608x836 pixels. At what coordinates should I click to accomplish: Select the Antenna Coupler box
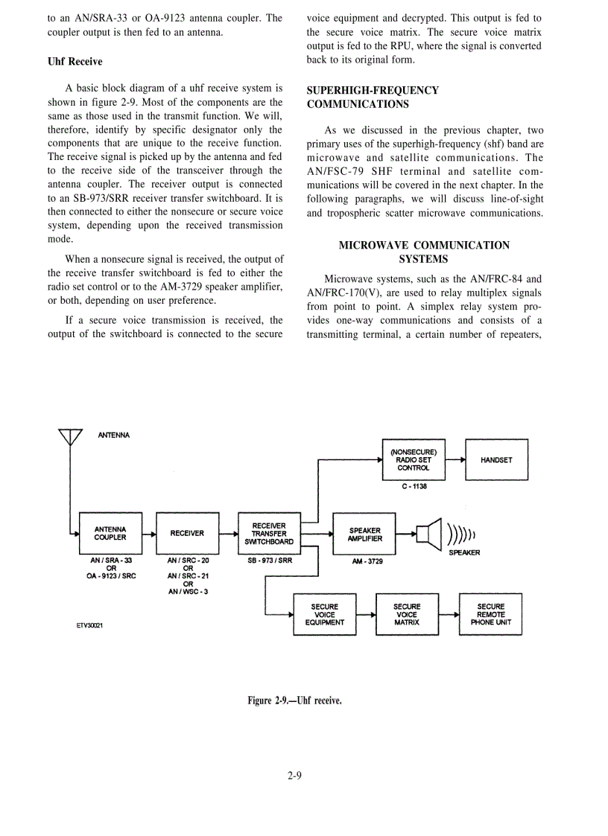point(110,533)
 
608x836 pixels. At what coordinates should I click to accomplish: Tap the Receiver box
point(186,533)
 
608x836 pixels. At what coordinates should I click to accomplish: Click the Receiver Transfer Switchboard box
point(268,533)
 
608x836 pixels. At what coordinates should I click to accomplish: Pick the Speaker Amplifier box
point(364,535)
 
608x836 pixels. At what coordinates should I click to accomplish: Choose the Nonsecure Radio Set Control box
point(413,460)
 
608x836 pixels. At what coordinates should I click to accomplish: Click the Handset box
point(496,460)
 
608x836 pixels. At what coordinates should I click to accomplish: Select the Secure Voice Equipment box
point(325,614)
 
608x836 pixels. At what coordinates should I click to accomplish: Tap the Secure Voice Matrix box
point(407,614)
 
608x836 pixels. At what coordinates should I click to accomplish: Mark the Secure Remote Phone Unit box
point(490,614)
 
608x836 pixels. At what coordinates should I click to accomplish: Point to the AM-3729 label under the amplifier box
point(367,561)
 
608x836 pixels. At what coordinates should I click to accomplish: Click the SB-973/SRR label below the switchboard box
point(269,560)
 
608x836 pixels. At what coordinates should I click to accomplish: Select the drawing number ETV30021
point(89,625)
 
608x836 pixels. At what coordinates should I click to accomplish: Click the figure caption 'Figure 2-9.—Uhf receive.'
point(294,701)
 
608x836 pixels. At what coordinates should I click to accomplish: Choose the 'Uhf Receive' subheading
point(75,61)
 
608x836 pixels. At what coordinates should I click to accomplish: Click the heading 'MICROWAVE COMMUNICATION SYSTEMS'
point(424,252)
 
